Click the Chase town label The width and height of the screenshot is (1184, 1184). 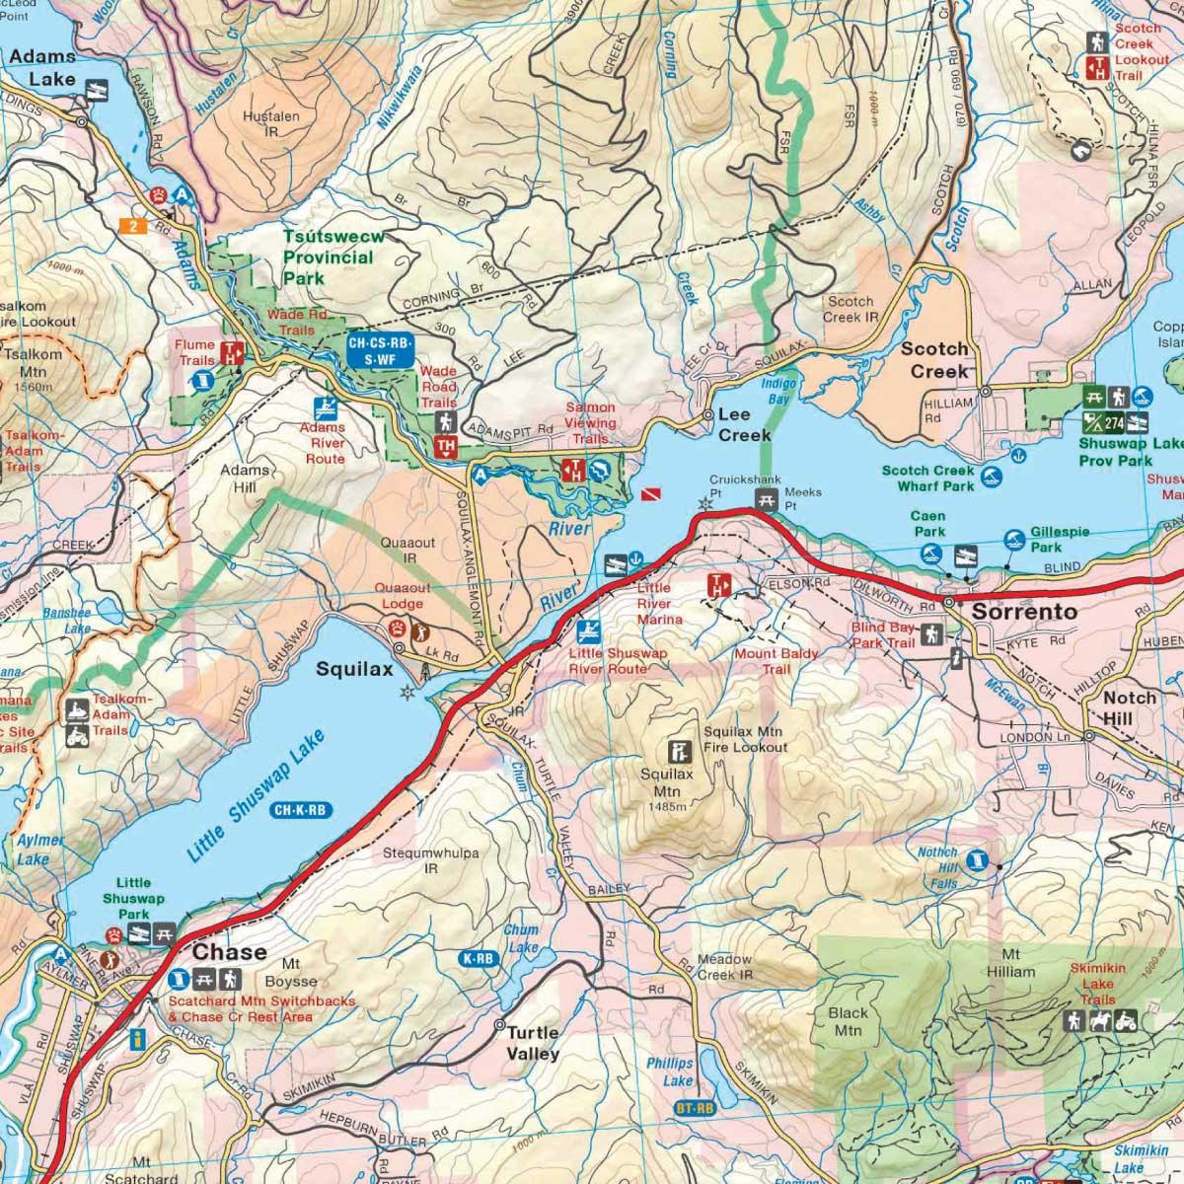pyautogui.click(x=229, y=952)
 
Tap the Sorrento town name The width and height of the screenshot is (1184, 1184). pyautogui.click(x=1024, y=612)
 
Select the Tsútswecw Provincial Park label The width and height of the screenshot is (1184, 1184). pyautogui.click(x=328, y=259)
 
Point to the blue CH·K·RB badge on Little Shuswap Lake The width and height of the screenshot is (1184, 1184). pyautogui.click(x=299, y=811)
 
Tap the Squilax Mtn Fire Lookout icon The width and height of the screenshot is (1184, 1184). pyautogui.click(x=680, y=750)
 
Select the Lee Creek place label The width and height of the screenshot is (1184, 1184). pyautogui.click(x=744, y=425)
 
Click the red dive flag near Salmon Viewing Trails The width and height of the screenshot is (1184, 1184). pyautogui.click(x=648, y=491)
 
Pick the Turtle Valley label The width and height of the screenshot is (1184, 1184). pyautogui.click(x=533, y=1043)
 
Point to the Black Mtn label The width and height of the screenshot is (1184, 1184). pyautogui.click(x=848, y=1021)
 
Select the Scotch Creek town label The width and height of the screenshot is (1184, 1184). pyautogui.click(x=938, y=359)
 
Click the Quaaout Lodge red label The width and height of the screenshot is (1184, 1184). pyautogui.click(x=401, y=596)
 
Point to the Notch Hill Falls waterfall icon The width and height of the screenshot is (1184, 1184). pyautogui.click(x=976, y=860)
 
